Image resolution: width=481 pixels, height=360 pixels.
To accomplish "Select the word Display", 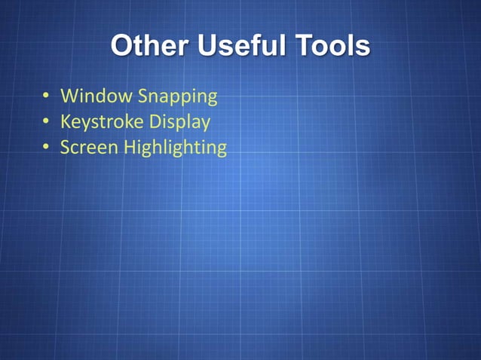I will tap(179, 122).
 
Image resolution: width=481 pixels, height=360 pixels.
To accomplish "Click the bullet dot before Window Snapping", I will tap(46, 96).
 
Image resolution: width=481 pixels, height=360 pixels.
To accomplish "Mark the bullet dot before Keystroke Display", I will tap(46, 121).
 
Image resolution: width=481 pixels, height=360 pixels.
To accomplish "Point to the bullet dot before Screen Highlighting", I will tap(46, 147).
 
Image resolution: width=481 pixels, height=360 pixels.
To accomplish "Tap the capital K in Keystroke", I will tap(66, 121).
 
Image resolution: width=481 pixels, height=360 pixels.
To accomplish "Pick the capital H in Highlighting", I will tap(130, 146).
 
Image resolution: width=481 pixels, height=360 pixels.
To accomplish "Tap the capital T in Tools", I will tap(304, 46).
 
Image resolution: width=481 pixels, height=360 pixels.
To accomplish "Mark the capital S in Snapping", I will tap(144, 96).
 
